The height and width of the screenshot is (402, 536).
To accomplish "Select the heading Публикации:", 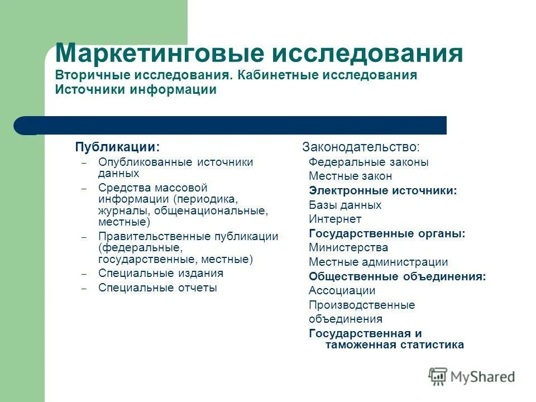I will (117, 147).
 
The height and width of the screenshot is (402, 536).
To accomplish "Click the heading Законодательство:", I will (361, 147).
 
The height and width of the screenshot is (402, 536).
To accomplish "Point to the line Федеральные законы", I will (368, 162).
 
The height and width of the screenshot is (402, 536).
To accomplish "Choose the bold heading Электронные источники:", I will (383, 190).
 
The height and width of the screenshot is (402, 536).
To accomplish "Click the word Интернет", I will (335, 219).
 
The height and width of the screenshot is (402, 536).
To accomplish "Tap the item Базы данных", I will (345, 205).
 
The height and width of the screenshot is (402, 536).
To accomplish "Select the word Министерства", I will (348, 247).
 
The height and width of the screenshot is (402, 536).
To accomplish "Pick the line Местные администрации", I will (378, 262).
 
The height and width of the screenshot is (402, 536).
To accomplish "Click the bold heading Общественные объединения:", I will (397, 276).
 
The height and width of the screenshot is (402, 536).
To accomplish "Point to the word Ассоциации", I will (342, 290).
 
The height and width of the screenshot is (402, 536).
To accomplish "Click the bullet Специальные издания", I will (160, 273).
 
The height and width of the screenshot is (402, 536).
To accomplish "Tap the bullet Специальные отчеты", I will (157, 288).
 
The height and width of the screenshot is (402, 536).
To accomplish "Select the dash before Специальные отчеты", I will (84, 289).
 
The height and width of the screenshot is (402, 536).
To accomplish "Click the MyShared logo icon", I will (438, 377).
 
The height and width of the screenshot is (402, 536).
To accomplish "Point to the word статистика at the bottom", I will (431, 344).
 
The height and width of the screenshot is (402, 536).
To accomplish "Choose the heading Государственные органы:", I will (387, 233).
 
